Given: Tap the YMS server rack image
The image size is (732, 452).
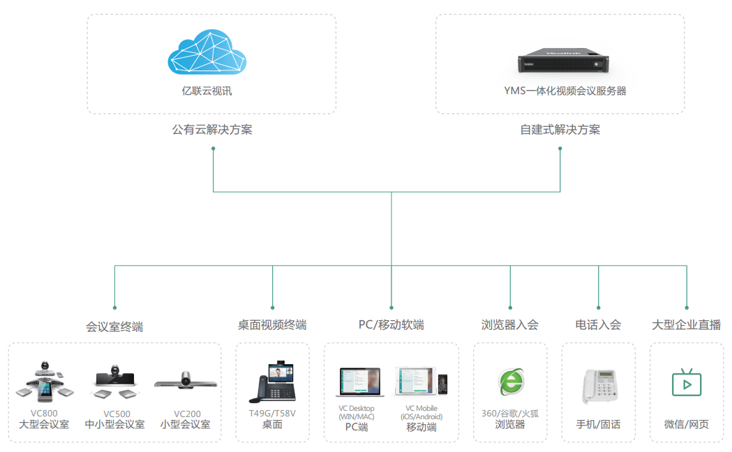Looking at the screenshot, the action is tap(563, 60).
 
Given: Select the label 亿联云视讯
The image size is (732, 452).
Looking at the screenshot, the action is tap(207, 91).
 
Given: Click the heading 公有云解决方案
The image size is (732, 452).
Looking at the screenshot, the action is tap(212, 130).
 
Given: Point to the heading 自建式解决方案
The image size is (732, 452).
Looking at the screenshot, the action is tap(560, 130).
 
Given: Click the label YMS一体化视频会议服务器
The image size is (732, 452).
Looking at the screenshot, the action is tap(565, 91).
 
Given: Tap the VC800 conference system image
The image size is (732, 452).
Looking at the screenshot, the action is tap(45, 382).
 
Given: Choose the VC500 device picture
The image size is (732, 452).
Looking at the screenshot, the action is tap(115, 382).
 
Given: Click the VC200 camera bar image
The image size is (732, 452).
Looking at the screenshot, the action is tap(186, 381).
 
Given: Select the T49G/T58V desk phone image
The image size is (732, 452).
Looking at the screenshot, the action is tap(273, 382).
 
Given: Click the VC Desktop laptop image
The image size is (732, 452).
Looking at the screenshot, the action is tap(360, 382).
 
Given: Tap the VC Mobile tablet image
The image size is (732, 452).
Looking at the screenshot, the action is tap(421, 381).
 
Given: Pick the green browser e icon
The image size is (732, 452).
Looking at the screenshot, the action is tap(511, 382).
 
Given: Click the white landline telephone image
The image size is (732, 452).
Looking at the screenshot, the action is tap(600, 385).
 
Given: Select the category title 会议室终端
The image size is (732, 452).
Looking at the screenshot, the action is tap(114, 327).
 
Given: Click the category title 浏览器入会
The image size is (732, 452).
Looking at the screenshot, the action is tap(510, 324).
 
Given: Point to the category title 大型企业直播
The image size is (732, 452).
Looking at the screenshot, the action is tap(686, 324).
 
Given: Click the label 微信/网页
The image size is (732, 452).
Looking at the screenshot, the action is tap(686, 425).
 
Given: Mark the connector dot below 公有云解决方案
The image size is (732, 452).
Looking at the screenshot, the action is tap(214, 149).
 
